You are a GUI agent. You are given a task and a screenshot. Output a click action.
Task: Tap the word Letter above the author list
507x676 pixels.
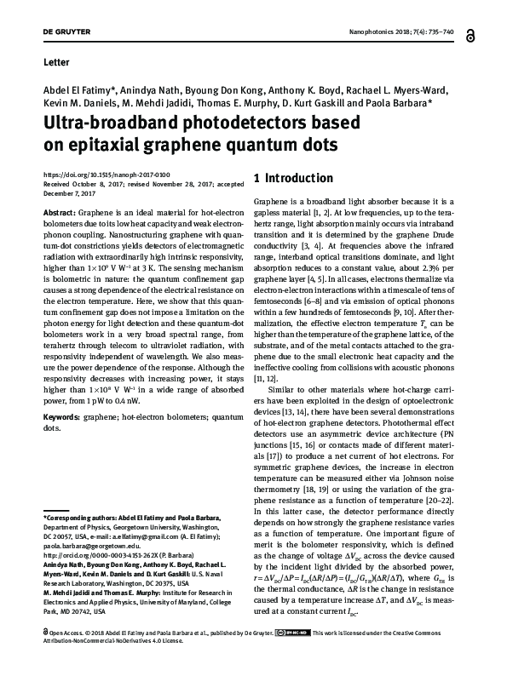55,63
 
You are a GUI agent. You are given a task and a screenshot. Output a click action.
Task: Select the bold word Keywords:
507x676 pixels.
61,419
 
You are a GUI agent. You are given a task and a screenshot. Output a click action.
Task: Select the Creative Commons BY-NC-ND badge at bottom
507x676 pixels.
300,656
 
